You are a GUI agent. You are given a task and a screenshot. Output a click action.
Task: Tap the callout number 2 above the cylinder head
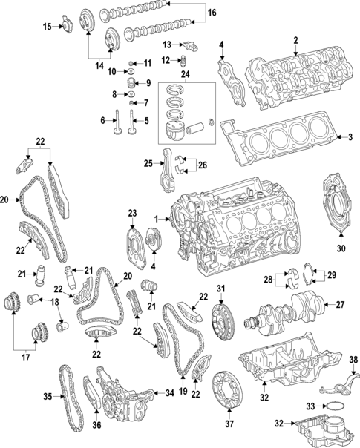[295, 40]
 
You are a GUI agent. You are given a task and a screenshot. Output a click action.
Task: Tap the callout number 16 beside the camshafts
[211, 13]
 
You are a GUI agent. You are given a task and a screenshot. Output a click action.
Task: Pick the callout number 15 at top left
[46, 27]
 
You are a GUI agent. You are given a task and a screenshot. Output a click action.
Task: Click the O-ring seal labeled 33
[336, 406]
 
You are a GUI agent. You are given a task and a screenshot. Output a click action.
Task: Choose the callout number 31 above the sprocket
[220, 289]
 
